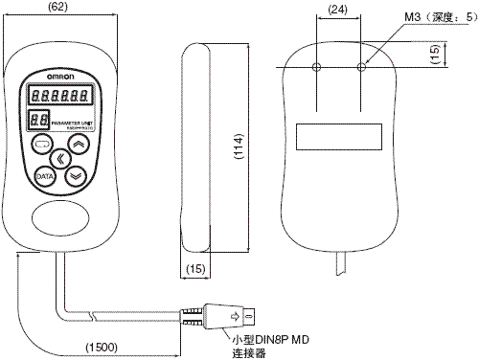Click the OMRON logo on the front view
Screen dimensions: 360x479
pos(61,75)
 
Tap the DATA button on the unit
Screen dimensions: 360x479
pos(44,176)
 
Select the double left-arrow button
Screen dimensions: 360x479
pos(60,159)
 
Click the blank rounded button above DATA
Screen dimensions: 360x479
pos(42,145)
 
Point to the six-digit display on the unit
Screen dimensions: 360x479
pos(60,95)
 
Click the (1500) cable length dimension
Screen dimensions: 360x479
pos(102,346)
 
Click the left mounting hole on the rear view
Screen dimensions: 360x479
pos(317,67)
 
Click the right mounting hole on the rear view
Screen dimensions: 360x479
pos(362,67)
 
